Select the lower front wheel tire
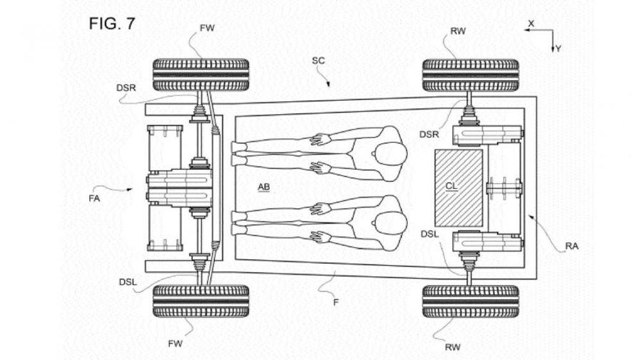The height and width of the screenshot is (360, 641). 200,302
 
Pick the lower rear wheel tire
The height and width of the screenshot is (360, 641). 470,302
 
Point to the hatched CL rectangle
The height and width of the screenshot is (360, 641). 458,187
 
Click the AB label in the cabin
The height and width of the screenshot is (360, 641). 263,186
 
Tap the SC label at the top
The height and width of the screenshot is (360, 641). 318,60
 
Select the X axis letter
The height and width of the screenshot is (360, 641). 531,23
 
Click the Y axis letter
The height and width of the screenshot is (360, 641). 558,48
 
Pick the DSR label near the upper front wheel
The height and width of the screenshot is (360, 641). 126,87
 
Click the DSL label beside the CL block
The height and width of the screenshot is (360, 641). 429,234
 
